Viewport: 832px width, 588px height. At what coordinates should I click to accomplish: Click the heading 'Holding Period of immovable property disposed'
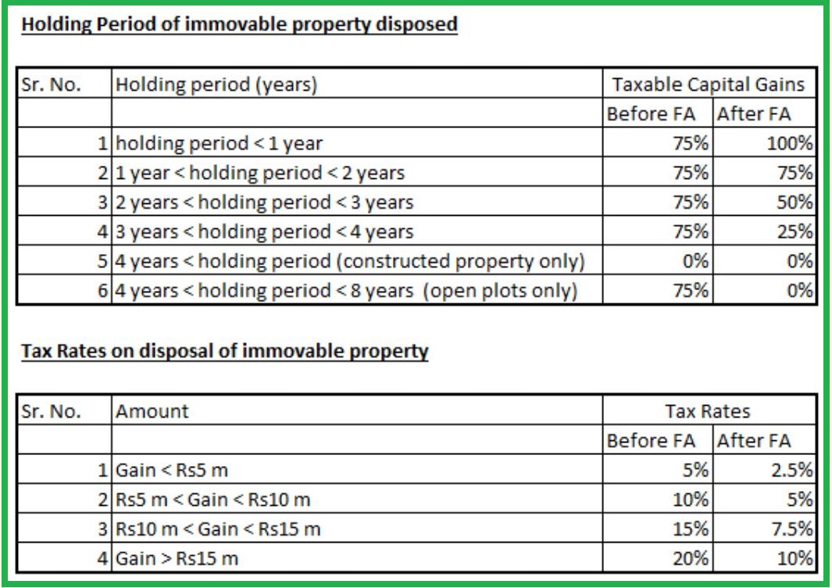[x=239, y=24]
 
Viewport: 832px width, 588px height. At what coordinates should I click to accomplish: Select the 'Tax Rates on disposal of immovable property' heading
[x=225, y=351]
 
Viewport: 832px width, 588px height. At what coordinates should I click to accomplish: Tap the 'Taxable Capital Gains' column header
[x=709, y=84]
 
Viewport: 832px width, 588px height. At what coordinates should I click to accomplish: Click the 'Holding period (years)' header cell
[x=216, y=84]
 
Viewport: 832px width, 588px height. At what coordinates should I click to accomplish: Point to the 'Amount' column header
[x=152, y=411]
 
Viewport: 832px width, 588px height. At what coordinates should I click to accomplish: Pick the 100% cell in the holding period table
[x=791, y=144]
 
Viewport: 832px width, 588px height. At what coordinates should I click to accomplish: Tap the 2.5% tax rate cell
[x=791, y=471]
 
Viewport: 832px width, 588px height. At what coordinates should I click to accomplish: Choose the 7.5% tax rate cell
[x=791, y=529]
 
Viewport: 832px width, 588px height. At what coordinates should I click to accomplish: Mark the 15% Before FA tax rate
[x=692, y=529]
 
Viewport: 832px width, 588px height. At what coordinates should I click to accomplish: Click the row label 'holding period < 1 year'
[x=219, y=144]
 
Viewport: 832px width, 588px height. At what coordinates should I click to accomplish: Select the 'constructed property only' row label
[x=349, y=261]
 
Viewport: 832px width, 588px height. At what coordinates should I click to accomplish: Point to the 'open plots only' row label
[x=346, y=291]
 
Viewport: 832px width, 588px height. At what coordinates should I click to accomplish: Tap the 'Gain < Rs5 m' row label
[x=172, y=471]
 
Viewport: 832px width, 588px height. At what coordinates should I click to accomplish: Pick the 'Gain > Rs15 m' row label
[x=177, y=558]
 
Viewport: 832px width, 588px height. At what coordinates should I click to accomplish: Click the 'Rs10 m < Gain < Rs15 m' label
[x=218, y=529]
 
